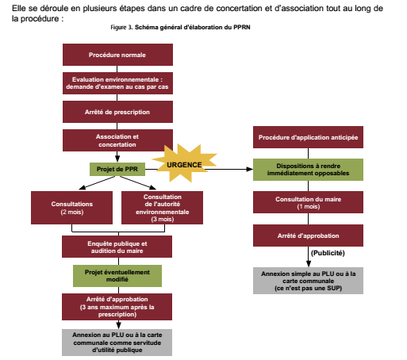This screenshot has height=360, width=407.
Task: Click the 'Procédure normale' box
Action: (x=117, y=55)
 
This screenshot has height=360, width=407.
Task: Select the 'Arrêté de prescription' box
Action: (x=117, y=112)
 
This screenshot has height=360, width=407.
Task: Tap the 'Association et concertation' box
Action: (x=117, y=140)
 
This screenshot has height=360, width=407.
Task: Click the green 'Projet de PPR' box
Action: (x=117, y=169)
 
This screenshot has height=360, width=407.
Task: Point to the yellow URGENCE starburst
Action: (x=184, y=164)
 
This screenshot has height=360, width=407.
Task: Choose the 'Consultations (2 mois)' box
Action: (x=71, y=208)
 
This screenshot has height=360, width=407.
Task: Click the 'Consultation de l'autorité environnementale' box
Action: (x=162, y=208)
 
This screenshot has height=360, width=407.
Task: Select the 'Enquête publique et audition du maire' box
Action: (x=117, y=247)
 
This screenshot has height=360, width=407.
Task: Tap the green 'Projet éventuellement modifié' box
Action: (x=117, y=276)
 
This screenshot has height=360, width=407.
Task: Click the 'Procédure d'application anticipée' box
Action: (x=308, y=137)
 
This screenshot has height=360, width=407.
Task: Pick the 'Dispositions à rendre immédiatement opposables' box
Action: (x=308, y=170)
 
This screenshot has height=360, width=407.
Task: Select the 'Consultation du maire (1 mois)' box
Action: (x=308, y=202)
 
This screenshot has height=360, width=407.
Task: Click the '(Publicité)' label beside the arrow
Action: (x=328, y=253)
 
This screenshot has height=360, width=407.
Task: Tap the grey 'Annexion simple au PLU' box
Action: (x=308, y=281)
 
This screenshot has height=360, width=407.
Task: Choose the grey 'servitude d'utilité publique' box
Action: (x=117, y=343)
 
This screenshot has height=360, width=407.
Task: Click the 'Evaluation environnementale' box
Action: (x=117, y=83)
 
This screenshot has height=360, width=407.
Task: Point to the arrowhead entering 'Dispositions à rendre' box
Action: (x=250, y=169)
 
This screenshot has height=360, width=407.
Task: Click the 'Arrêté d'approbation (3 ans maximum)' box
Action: (x=117, y=307)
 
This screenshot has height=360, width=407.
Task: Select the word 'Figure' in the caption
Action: (x=118, y=27)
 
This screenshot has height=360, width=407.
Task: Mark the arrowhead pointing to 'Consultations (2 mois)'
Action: (x=82, y=187)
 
